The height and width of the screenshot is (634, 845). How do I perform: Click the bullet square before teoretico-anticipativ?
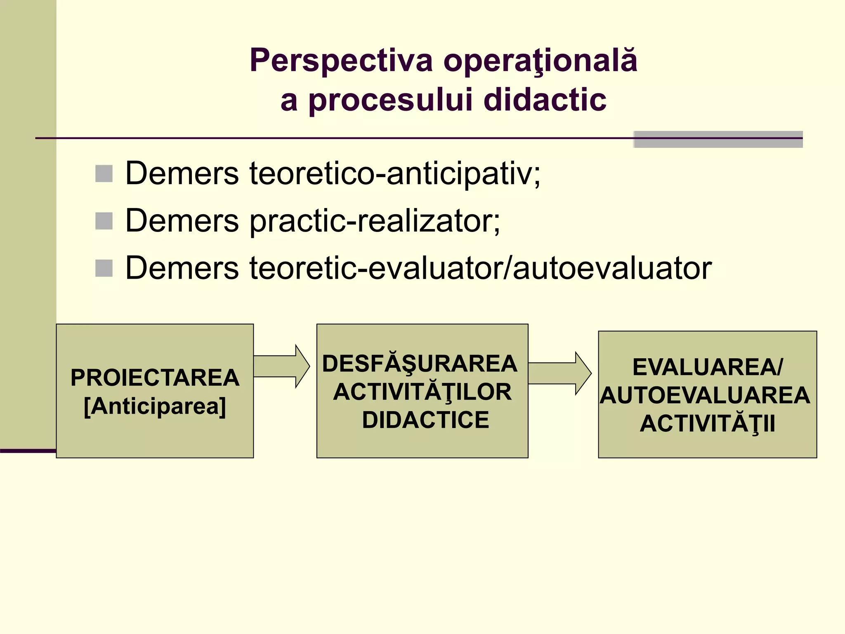point(104,174)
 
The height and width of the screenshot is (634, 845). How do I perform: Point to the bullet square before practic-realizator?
point(104,221)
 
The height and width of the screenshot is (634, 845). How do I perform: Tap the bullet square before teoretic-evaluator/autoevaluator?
point(104,268)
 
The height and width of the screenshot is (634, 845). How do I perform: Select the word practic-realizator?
point(375,221)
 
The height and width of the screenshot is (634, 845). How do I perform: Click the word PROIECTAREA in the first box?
point(155,378)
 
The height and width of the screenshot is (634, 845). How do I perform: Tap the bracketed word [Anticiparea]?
point(155,406)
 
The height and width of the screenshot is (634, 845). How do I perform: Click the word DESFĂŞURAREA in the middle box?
point(420,364)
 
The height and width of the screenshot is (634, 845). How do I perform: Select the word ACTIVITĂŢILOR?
point(422,392)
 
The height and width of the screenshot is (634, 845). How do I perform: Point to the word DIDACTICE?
point(425,420)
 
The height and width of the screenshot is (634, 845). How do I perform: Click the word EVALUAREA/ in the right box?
point(707,367)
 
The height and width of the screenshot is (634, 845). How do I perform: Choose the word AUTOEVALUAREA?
point(705,395)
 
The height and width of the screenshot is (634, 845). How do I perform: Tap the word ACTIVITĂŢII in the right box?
point(707,423)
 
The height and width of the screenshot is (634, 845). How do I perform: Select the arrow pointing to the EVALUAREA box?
point(559,374)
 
